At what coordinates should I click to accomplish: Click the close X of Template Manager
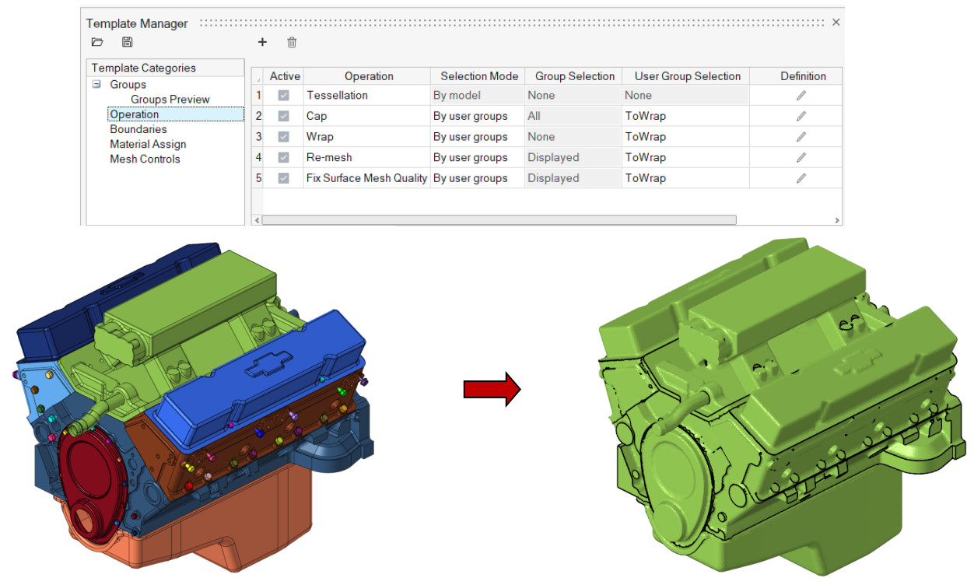[x=836, y=23]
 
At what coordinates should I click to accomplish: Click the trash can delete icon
[x=292, y=43]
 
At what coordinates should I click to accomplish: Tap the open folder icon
[x=97, y=43]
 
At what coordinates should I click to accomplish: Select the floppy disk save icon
[x=127, y=43]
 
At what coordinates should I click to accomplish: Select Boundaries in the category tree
[x=138, y=129]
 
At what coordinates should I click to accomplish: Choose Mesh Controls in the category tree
[x=145, y=159]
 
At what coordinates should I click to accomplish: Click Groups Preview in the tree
[x=170, y=100]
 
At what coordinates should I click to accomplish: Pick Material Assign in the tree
[x=148, y=144]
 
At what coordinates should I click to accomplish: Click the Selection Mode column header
[x=478, y=76]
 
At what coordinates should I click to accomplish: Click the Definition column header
[x=803, y=76]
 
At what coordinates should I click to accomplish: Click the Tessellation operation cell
[x=337, y=95]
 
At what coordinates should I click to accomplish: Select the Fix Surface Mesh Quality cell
[x=366, y=178]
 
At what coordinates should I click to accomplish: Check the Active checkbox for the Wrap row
[x=283, y=137]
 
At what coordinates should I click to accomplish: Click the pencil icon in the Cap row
[x=801, y=116]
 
